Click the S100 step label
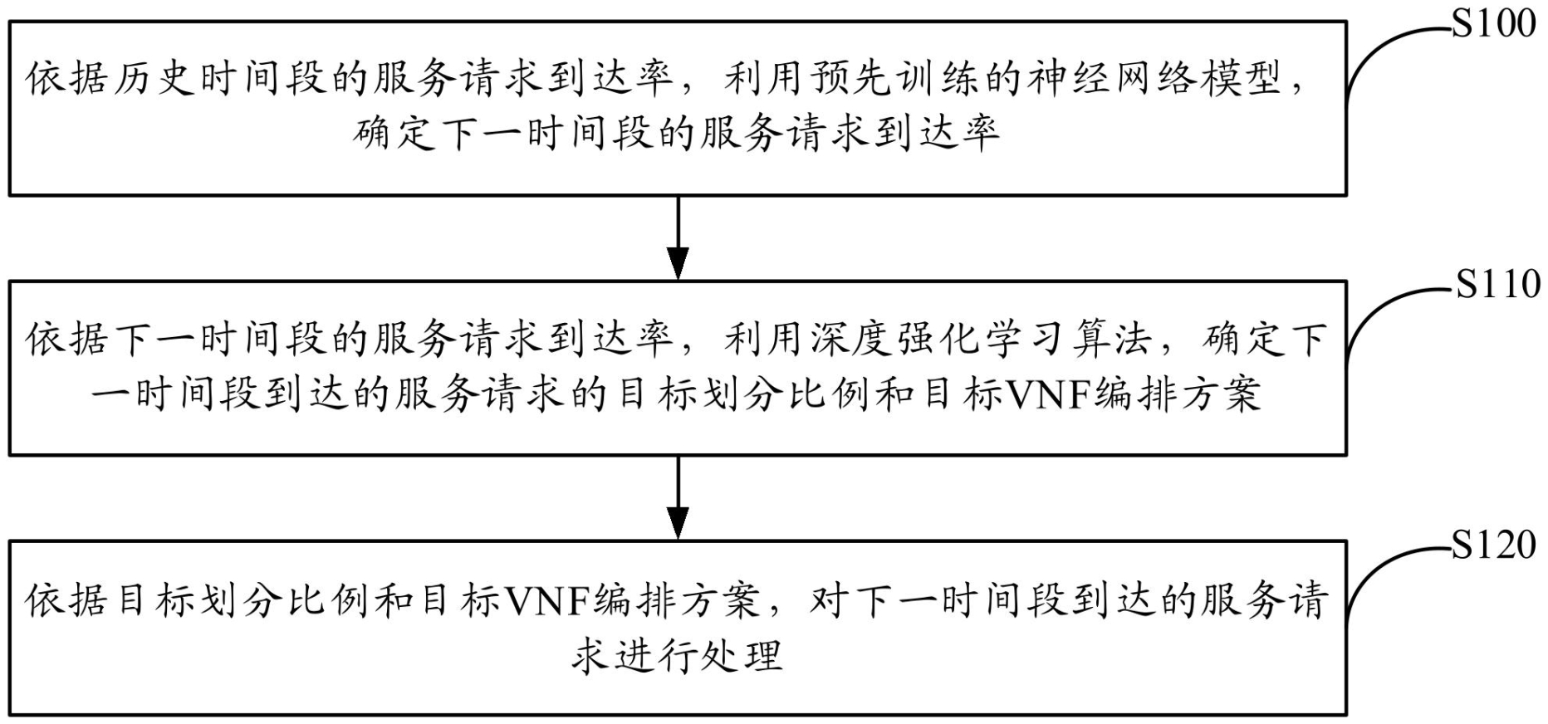pos(1494,24)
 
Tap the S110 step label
pos(1497,285)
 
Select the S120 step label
pos(1494,545)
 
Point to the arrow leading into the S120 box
pos(678,498)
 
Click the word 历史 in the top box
pos(154,80)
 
